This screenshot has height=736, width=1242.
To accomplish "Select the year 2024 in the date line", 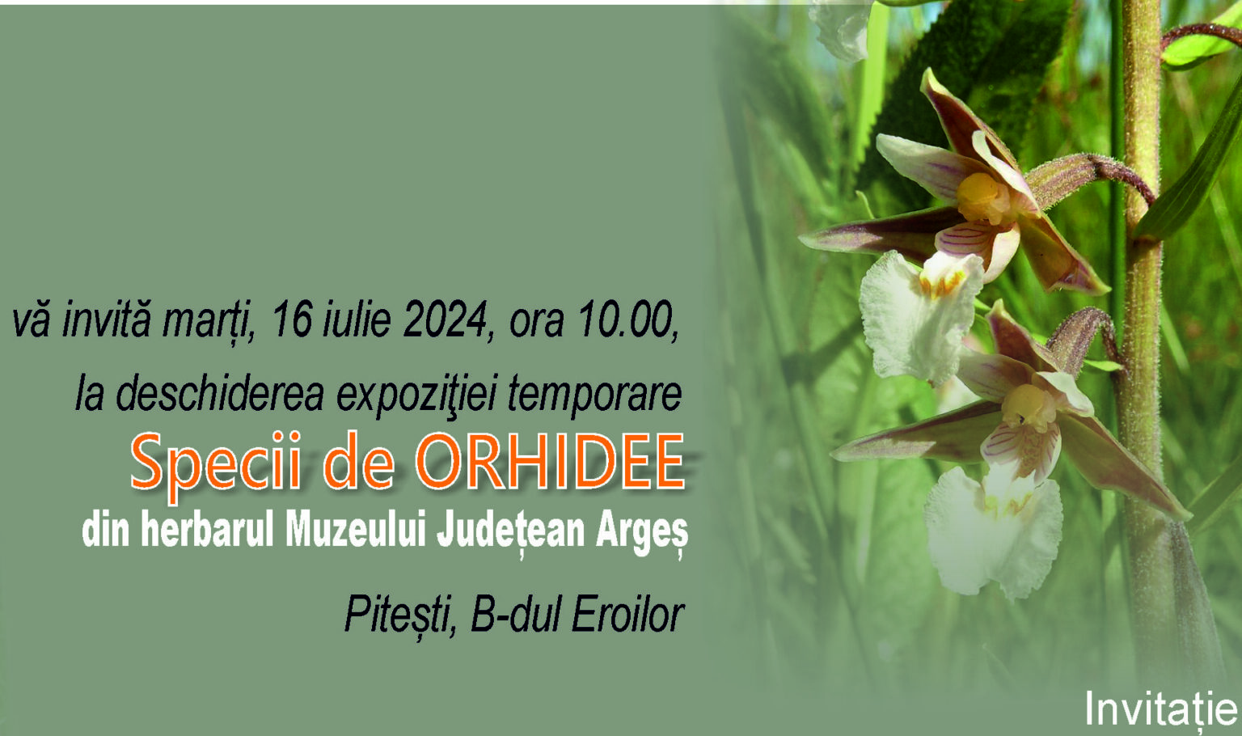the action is tap(444, 320).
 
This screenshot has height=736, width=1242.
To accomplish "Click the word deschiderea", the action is tap(220, 394).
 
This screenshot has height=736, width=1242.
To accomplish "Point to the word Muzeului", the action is tap(356, 531).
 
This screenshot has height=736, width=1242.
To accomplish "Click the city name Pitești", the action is tap(399, 615).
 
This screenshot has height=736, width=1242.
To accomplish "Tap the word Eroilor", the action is tap(627, 615).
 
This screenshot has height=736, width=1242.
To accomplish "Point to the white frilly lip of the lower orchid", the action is tap(992, 532).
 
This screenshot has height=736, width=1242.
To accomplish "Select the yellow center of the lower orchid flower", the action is tap(1028, 407).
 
